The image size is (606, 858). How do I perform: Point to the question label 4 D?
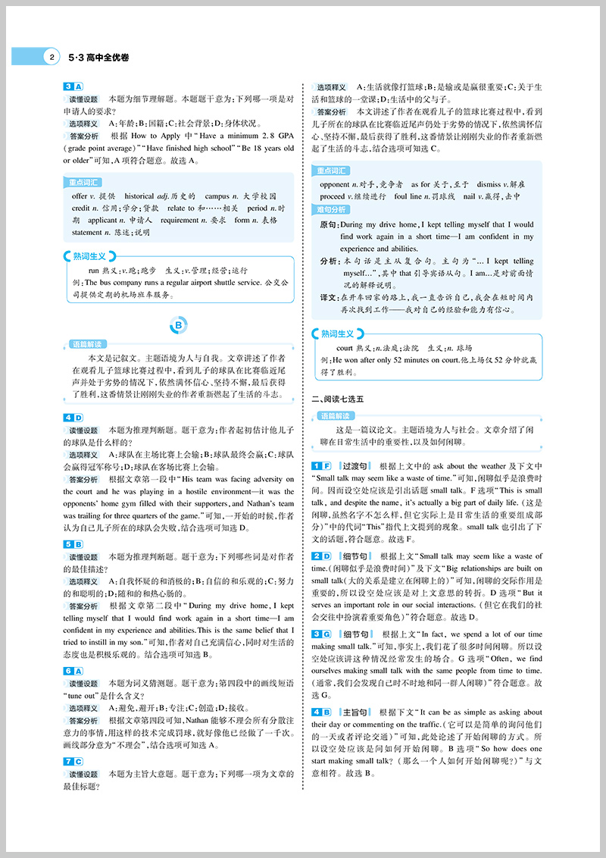coord(73,418)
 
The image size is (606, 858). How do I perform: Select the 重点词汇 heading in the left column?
coord(84,182)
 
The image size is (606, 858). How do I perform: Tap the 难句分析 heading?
coord(333,209)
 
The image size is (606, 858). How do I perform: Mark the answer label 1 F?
coord(322,465)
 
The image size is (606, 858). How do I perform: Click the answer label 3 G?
coord(322,634)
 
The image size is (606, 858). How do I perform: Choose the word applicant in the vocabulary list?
coord(91,221)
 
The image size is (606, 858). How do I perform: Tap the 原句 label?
coord(329,224)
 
